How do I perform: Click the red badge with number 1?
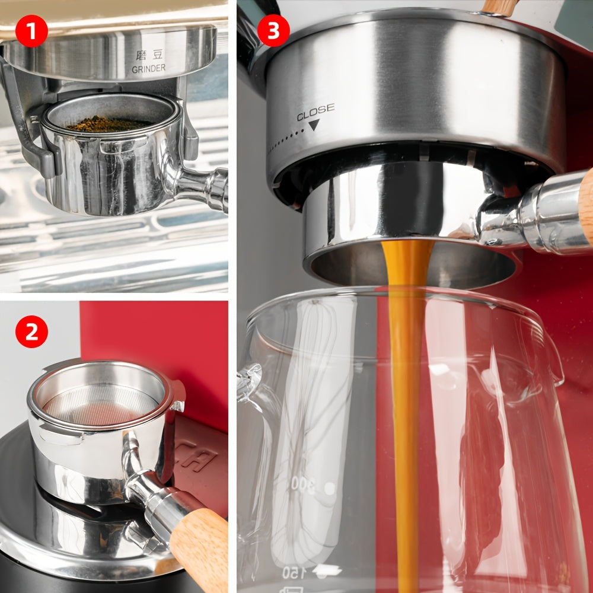point(31,31)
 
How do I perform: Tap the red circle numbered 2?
point(31,331)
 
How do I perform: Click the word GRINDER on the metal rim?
point(149,69)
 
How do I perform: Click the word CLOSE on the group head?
point(315,111)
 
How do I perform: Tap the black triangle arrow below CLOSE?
point(314,125)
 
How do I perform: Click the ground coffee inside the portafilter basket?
point(107,124)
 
